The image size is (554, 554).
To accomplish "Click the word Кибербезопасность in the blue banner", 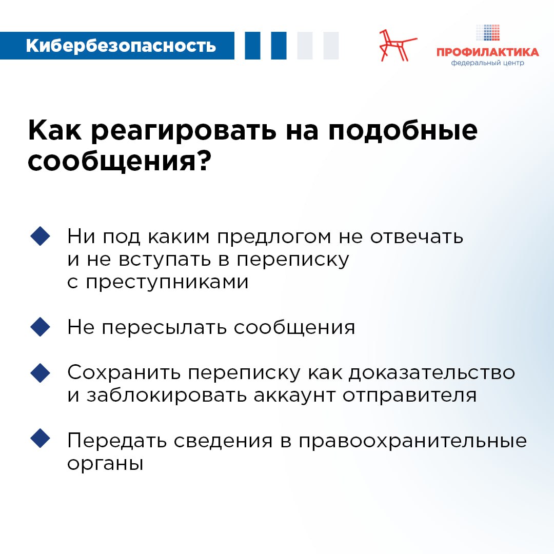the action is pos(121,46).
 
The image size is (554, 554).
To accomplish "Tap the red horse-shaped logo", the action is pos(397,46).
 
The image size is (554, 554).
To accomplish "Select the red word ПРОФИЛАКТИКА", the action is pos(488,52).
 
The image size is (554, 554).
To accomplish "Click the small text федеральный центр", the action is pos(488,63).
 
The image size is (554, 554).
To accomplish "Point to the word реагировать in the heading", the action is pos(184,131).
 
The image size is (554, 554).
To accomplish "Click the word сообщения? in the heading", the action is pos(120,162).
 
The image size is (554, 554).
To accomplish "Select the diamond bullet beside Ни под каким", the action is pos(41,236).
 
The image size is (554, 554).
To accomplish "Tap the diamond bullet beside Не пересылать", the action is pos(41,327).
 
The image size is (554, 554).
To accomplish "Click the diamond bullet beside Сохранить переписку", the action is pos(41,373).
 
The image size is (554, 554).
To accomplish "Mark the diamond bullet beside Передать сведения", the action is pos(41,439).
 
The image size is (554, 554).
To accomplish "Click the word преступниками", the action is pos(167,283).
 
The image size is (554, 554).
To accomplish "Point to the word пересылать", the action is pos(164,328).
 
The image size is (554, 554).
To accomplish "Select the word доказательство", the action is pos(432,373).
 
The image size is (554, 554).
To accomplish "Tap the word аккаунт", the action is pos(294,395).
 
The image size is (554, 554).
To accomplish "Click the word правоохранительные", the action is pos(412,441).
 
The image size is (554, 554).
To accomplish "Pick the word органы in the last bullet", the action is pos(105,464).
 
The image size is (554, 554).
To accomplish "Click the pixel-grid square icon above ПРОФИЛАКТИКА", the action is pos(488,32).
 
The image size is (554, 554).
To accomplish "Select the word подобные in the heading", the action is pos(403,131).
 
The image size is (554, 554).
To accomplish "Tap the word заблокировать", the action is pos(166,395).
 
